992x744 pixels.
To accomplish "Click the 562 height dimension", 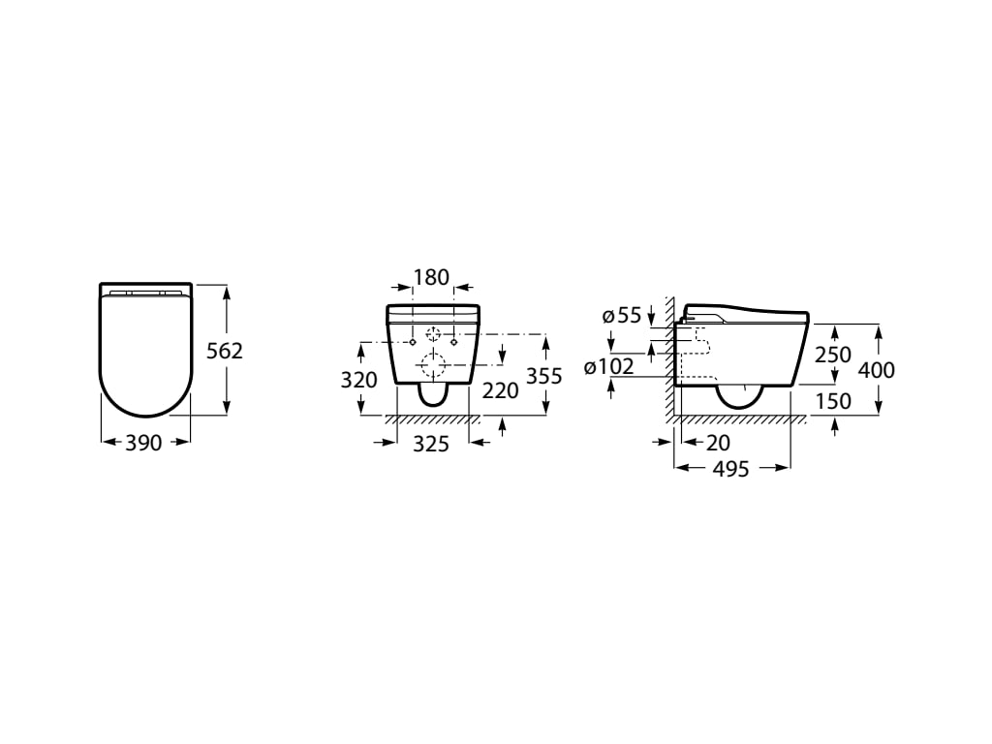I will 226,351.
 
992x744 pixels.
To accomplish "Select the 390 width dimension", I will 144,443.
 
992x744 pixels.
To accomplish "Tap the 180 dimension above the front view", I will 431,277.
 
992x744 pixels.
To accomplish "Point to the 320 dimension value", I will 358,380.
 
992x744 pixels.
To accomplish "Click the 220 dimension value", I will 500,390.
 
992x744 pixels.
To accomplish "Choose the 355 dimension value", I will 543,376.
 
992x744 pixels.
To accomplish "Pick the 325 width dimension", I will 432,444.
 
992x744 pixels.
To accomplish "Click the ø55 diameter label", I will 622,315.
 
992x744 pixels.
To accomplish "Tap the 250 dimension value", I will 832,356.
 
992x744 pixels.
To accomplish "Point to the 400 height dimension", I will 876,369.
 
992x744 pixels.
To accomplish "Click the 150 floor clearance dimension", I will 832,400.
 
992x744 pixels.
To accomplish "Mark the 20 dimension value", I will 719,443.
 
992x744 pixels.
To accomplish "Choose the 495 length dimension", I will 731,469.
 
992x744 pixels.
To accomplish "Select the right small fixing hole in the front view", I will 453,341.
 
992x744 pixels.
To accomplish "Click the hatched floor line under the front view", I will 432,419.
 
